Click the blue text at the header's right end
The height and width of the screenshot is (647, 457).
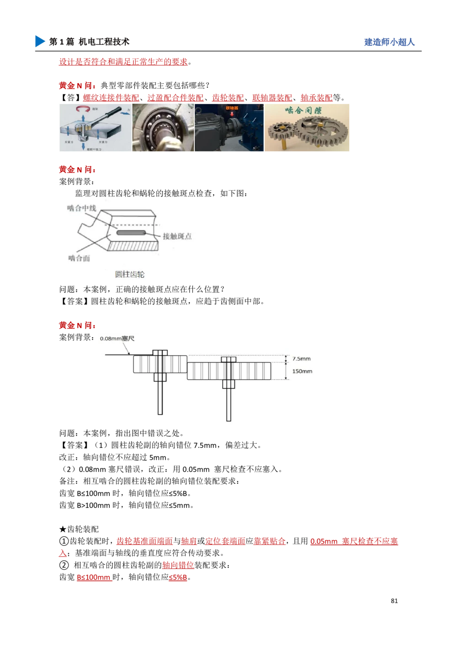pyautogui.click(x=389, y=42)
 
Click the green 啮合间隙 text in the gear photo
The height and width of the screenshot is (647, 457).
pyautogui.click(x=303, y=110)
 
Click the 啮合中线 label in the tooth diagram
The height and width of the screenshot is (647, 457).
pyautogui.click(x=82, y=209)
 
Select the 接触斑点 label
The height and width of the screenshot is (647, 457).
pyautogui.click(x=177, y=236)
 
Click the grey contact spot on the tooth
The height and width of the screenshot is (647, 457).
pyautogui.click(x=130, y=233)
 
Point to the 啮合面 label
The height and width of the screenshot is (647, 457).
pyautogui.click(x=79, y=258)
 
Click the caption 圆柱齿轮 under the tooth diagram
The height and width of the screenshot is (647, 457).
pyautogui.click(x=130, y=274)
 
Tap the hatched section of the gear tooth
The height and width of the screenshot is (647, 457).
pyautogui.click(x=133, y=246)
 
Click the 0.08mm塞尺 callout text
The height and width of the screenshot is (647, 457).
pyautogui.click(x=117, y=339)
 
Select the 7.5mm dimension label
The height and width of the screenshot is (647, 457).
pyautogui.click(x=302, y=359)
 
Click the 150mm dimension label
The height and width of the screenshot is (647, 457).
pyautogui.click(x=302, y=371)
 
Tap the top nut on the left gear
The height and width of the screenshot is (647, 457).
pyautogui.click(x=160, y=353)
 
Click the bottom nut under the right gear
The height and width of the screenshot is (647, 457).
pyautogui.click(x=228, y=384)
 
